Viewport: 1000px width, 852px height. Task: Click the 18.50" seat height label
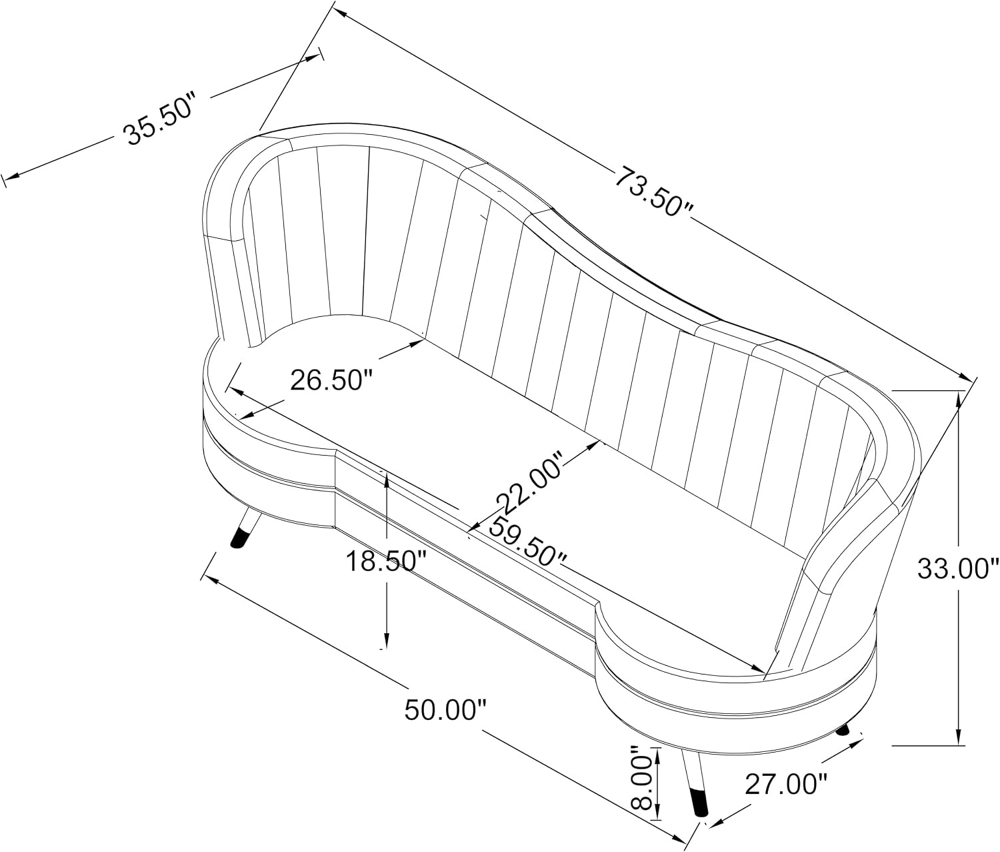point(386,562)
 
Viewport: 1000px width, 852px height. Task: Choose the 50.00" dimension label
point(445,710)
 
